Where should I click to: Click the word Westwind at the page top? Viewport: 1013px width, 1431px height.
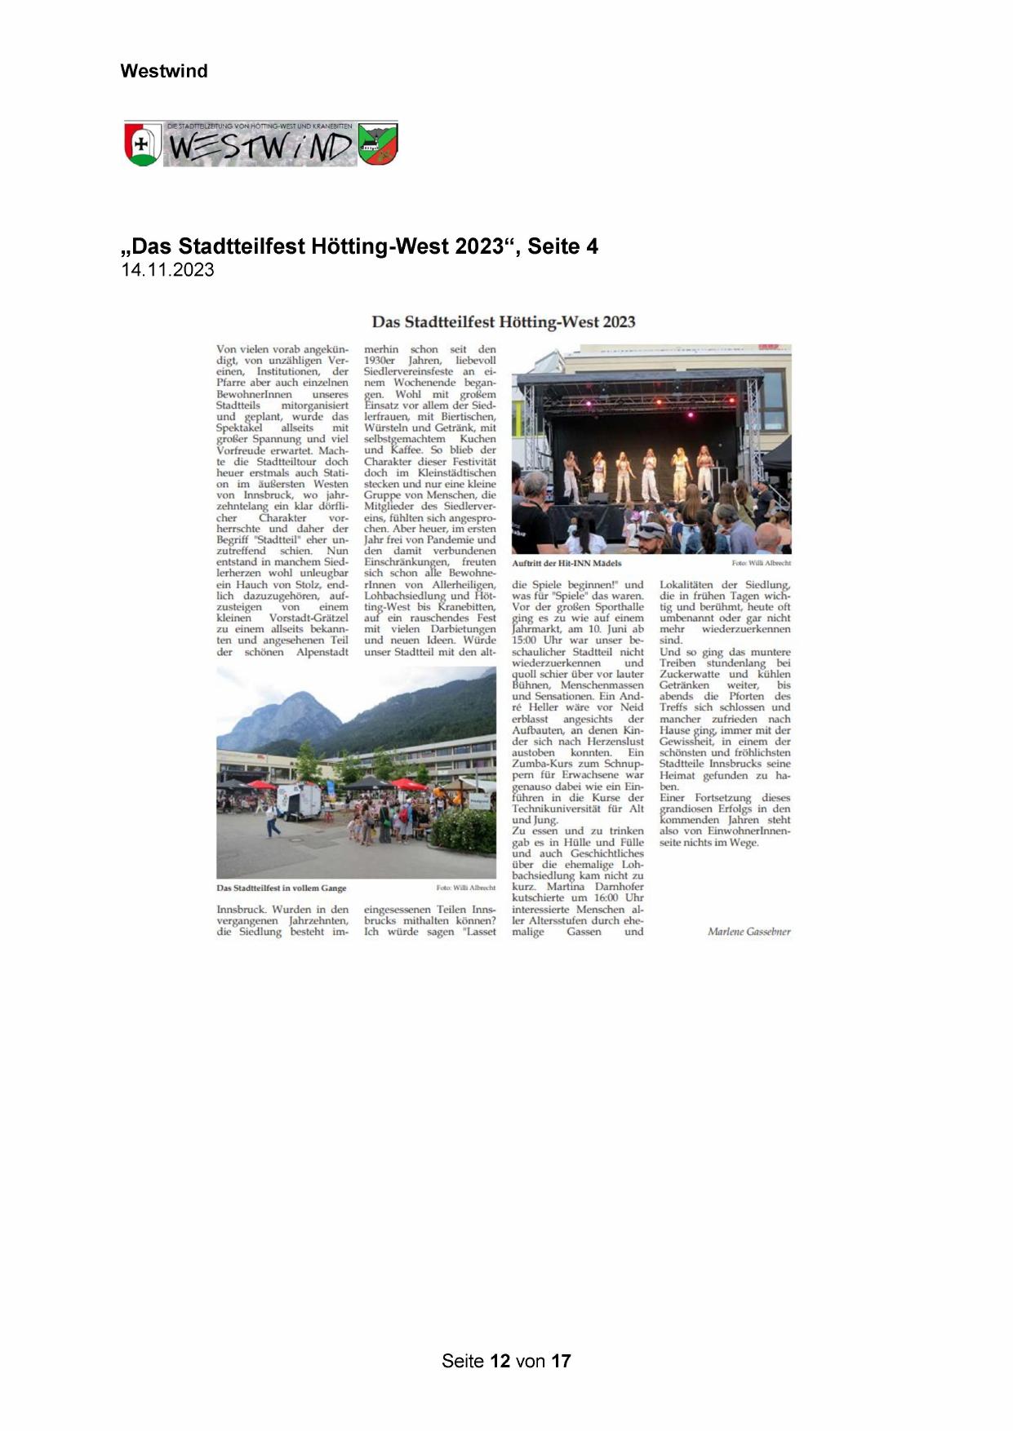tap(164, 71)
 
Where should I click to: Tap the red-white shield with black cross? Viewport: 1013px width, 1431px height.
tap(143, 145)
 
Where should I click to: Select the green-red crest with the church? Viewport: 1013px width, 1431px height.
tap(378, 144)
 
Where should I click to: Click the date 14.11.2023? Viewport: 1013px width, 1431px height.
tap(168, 270)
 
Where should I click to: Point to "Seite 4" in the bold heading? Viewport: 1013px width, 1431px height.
tap(562, 246)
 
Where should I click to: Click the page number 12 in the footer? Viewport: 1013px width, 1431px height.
tap(500, 1361)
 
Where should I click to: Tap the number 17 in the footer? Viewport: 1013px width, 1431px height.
tap(561, 1361)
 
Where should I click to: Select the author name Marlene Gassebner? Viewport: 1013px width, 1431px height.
tap(749, 932)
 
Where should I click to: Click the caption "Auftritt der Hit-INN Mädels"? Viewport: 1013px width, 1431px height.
tap(566, 563)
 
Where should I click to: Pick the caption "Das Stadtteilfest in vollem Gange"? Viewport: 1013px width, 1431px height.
tap(282, 888)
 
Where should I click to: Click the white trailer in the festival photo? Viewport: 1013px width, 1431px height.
tap(300, 800)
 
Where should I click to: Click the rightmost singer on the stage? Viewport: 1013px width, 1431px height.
tap(704, 471)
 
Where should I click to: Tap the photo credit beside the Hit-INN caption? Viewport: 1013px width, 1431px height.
tap(761, 563)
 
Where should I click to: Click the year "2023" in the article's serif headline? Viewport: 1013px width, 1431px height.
tap(619, 321)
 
